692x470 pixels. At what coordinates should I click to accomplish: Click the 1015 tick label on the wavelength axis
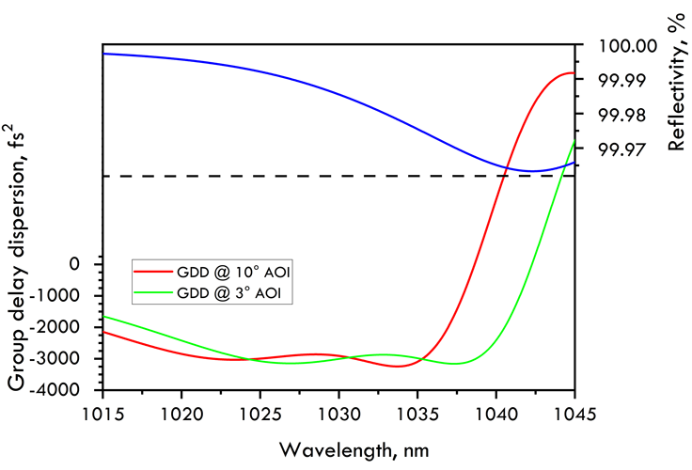tap(102, 414)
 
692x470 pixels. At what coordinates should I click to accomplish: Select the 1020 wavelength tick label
tap(182, 414)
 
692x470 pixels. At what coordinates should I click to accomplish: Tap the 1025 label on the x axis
tap(260, 414)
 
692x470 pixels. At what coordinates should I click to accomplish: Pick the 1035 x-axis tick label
tap(417, 414)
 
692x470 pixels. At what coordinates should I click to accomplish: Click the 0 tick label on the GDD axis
tap(74, 264)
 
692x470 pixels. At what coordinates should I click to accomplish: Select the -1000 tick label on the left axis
tap(57, 295)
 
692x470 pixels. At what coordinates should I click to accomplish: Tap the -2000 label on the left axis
tap(57, 327)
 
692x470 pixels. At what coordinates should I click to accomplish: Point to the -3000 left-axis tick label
tap(57, 358)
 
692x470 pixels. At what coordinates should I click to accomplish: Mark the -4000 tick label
tap(57, 389)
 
